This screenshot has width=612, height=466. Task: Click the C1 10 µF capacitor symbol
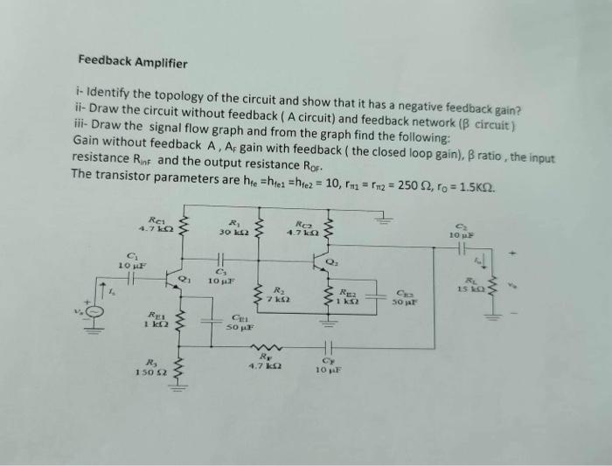point(131,279)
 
